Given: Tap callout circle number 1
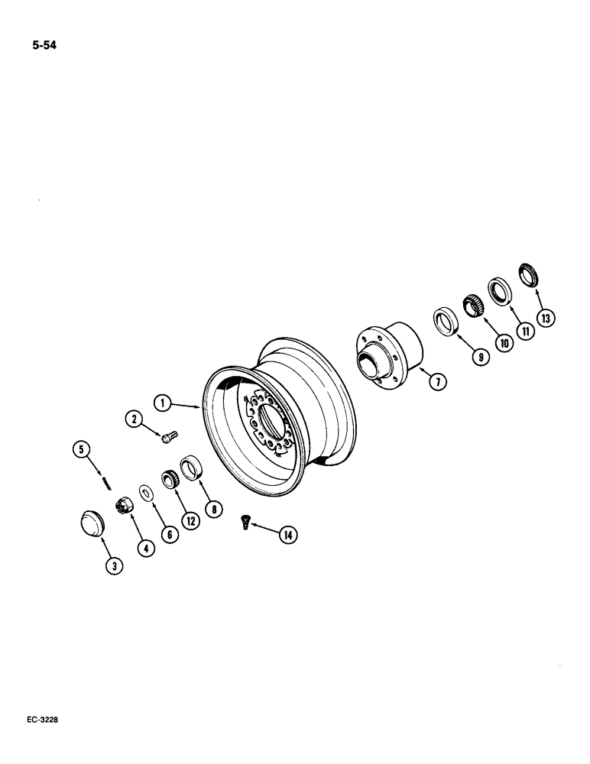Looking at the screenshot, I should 160,400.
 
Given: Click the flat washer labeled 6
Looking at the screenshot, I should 145,490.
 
